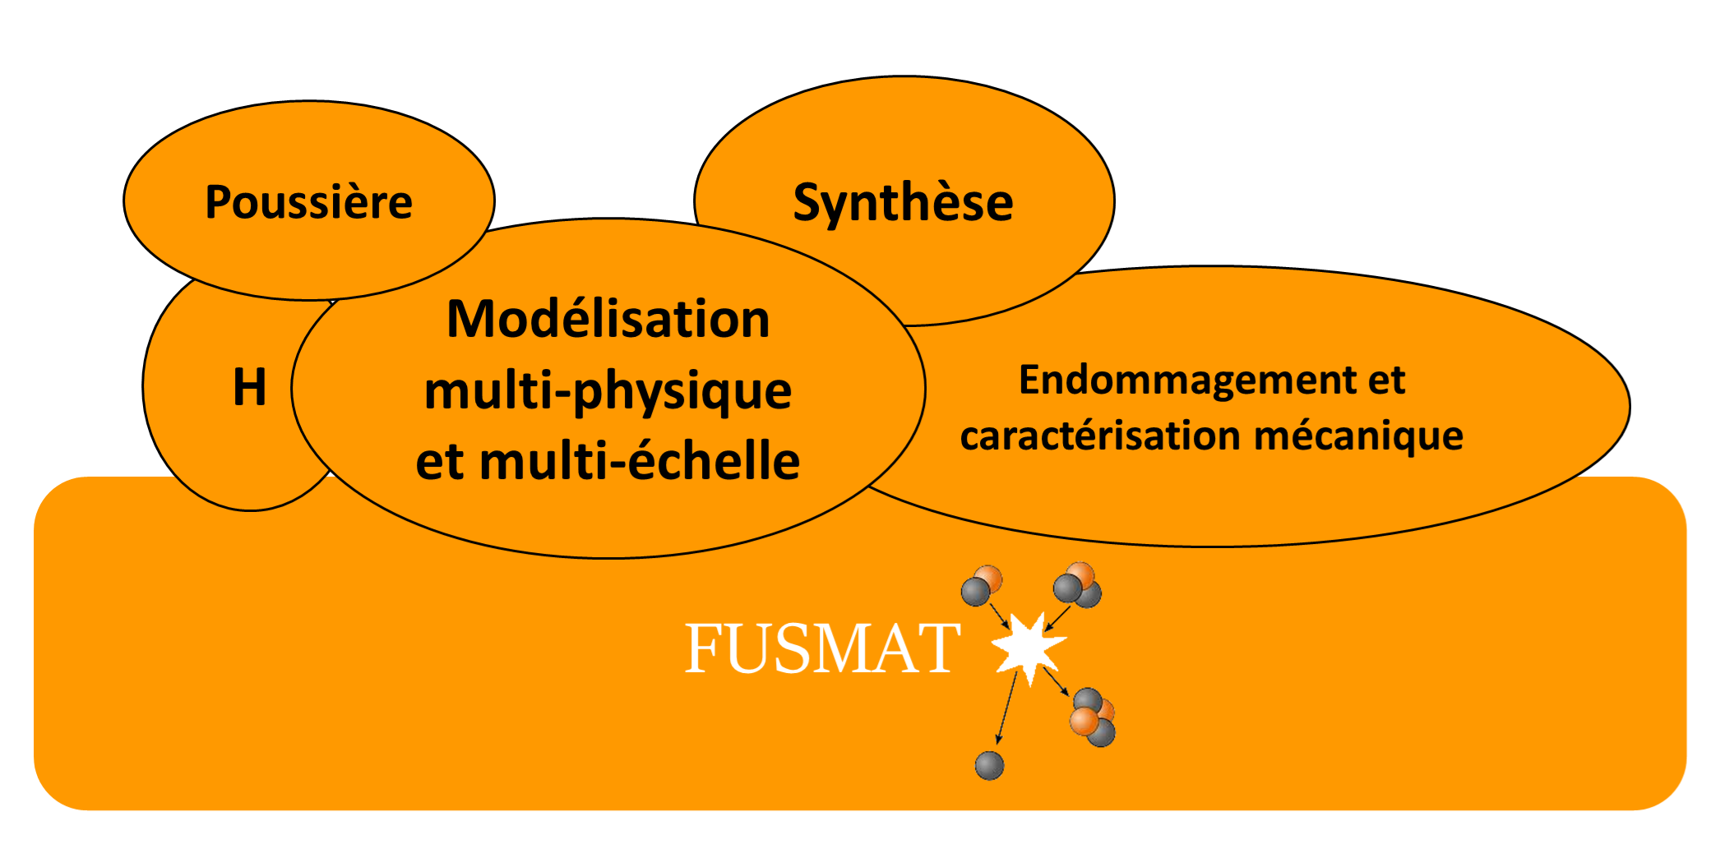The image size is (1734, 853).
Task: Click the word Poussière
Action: pyautogui.click(x=308, y=202)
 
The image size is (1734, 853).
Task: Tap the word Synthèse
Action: pyautogui.click(x=903, y=202)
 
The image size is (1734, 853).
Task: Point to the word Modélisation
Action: pyautogui.click(x=608, y=319)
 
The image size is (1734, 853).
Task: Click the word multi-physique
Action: pyautogui.click(x=608, y=391)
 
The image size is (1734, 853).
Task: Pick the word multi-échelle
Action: pyautogui.click(x=640, y=461)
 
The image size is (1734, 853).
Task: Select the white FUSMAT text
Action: pyautogui.click(x=822, y=648)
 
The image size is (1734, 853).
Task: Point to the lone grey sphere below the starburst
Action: pyautogui.click(x=989, y=765)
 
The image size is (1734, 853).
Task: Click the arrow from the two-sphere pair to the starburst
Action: pyautogui.click(x=999, y=616)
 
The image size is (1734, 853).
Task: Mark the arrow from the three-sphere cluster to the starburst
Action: pyautogui.click(x=1057, y=618)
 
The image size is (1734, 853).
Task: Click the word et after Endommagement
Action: pyautogui.click(x=1386, y=380)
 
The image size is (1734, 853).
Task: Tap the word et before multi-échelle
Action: pyautogui.click(x=441, y=461)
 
